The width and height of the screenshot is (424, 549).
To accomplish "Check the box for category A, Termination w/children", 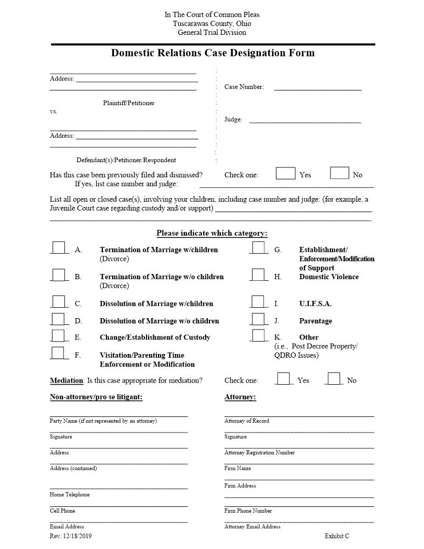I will pos(59,247).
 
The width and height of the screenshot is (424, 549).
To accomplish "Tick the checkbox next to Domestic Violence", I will pos(259,274).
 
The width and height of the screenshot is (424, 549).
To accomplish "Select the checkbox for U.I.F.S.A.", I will pos(259,302).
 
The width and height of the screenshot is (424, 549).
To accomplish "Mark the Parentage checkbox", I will pos(259,319).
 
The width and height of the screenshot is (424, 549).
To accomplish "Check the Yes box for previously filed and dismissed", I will pos(285,173).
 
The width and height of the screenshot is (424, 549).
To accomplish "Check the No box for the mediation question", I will pos(334,378).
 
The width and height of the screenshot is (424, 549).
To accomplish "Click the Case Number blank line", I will pos(317,87).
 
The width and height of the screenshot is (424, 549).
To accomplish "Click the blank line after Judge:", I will pos(305,120).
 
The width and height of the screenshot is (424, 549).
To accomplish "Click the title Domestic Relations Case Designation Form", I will pos(213,53).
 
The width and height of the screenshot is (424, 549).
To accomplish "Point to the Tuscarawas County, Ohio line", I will pos(212,23).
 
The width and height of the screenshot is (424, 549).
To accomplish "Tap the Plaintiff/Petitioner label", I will pos(128,103).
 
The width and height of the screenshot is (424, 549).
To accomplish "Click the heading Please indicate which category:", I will pos(212,233).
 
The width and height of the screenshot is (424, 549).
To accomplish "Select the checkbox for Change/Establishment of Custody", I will pos(59,335).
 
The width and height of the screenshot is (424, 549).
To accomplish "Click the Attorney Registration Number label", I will pos(259,453).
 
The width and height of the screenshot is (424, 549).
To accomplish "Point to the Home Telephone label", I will pos(70,495).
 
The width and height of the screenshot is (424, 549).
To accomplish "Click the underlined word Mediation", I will pos(66,381).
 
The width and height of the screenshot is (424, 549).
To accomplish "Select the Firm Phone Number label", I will pos(248,511).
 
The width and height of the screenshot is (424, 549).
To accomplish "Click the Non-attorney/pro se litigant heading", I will pos(96,397).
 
